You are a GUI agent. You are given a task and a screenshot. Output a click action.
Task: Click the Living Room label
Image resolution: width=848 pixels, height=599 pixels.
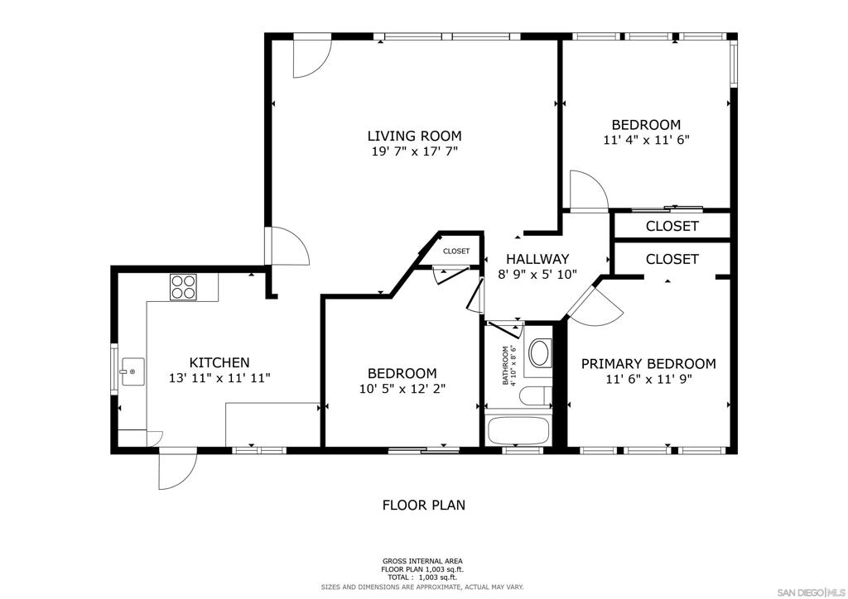[414, 136]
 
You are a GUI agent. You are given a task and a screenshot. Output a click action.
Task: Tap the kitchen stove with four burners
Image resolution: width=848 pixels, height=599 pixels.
[183, 286]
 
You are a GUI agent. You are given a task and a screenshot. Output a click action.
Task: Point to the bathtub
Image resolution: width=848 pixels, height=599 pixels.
[518, 431]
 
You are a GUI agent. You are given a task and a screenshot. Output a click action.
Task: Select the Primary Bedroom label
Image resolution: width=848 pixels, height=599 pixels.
[648, 364]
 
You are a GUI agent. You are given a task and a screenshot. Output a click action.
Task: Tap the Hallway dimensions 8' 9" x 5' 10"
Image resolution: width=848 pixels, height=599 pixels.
[537, 274]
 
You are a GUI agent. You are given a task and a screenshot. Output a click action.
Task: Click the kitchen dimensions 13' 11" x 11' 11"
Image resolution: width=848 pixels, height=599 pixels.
[219, 377]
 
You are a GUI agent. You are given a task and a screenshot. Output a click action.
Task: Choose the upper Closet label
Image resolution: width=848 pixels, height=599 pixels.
[672, 226]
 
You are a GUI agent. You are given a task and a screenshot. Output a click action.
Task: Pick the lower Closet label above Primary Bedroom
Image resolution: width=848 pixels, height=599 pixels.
[672, 259]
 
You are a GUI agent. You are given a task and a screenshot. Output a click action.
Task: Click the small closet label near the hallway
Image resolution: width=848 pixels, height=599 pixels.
[455, 251]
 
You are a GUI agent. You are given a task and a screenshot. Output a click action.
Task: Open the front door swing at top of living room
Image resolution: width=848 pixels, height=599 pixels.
[311, 58]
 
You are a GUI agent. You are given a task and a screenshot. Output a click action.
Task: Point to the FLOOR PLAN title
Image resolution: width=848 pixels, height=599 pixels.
[423, 505]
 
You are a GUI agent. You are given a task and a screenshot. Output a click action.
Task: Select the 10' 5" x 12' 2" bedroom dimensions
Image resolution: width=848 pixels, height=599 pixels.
[402, 388]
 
